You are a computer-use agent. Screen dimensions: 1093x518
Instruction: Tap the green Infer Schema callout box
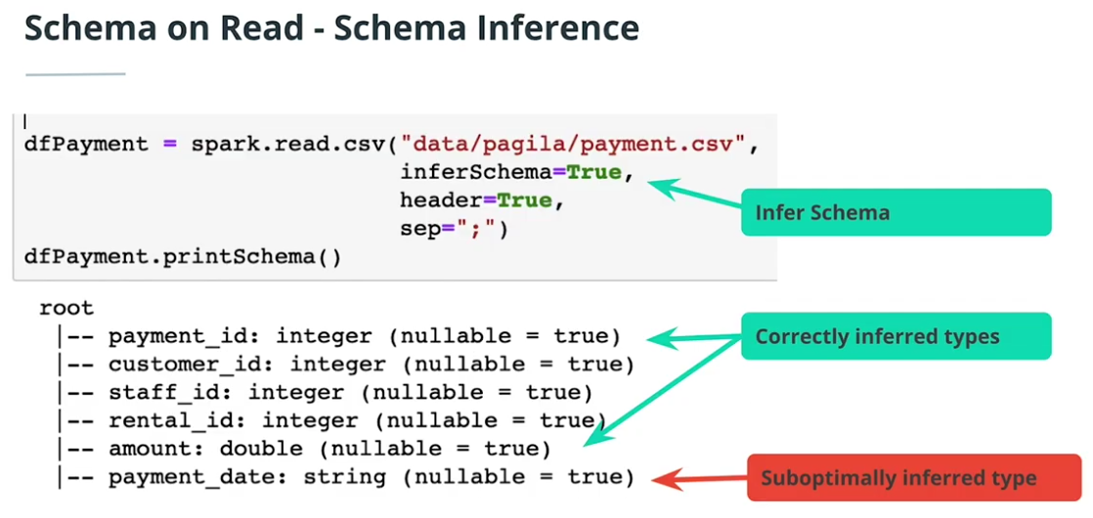(895, 212)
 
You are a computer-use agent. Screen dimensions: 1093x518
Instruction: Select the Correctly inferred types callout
(895, 336)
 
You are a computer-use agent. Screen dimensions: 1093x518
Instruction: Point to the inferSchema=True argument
(510, 173)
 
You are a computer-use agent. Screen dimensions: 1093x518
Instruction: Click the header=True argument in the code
(482, 201)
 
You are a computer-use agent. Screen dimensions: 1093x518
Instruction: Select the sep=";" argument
(455, 230)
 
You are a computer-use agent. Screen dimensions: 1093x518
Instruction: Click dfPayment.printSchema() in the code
(183, 258)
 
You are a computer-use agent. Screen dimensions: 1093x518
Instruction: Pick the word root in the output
(66, 308)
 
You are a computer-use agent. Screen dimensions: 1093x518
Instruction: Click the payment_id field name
(178, 336)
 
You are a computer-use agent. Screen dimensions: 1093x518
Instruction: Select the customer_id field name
(185, 365)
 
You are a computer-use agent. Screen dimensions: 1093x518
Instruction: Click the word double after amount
(261, 449)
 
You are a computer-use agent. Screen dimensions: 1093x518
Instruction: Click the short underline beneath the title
(75, 73)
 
